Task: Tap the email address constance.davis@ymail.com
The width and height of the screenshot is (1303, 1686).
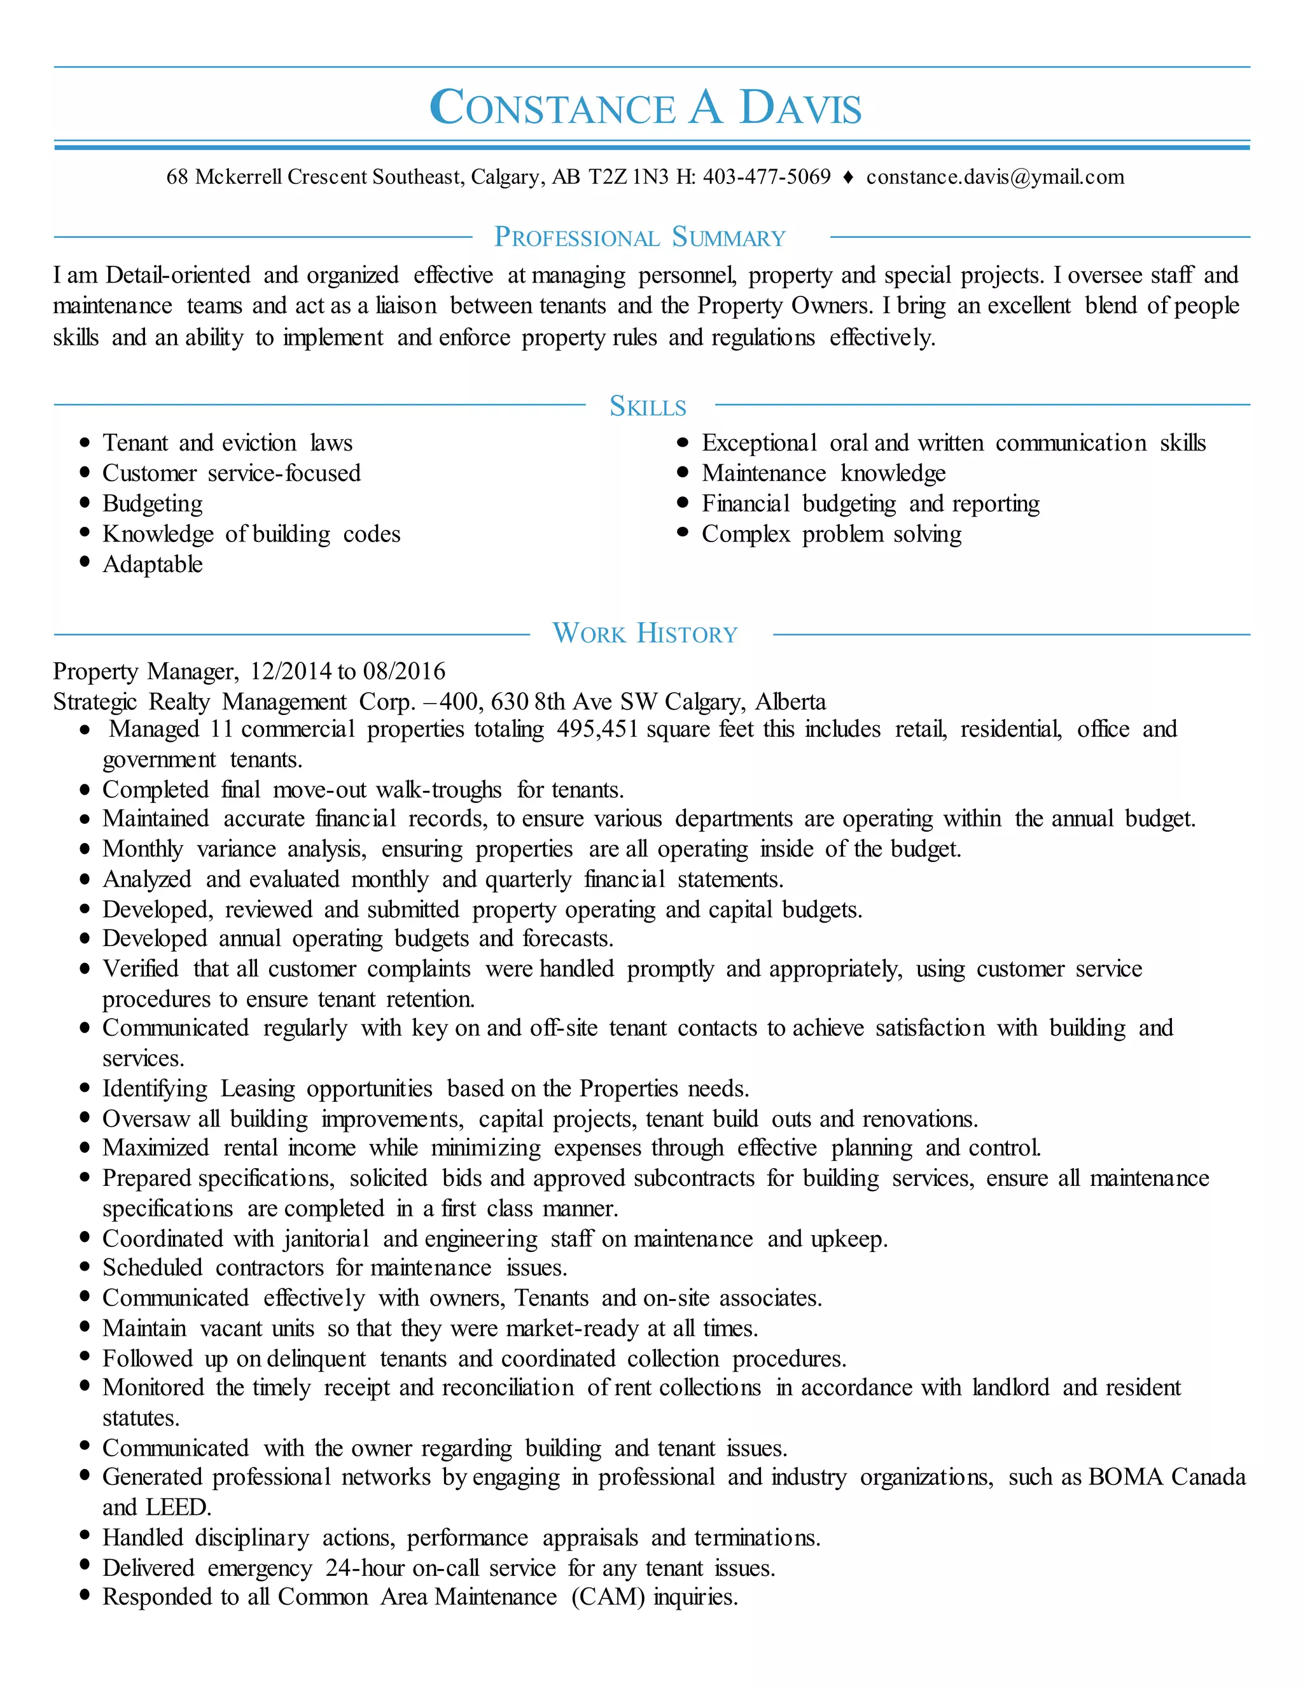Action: coord(994,177)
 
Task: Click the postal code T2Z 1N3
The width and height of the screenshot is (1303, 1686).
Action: coord(629,177)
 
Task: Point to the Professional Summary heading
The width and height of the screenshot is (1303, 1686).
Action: coord(640,237)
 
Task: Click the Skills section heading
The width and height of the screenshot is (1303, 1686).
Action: coord(648,406)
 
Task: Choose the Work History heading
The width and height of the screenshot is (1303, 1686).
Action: coord(645,634)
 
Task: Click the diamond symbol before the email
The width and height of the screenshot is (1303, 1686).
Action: coord(847,178)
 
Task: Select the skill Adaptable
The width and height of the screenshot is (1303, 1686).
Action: coord(152,564)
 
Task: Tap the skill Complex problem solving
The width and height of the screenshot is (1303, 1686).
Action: coord(832,534)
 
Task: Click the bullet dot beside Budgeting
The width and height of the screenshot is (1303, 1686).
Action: coord(85,503)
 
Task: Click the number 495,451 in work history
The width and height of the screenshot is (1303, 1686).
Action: coord(597,728)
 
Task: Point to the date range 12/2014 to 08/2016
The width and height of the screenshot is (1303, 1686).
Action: coord(347,671)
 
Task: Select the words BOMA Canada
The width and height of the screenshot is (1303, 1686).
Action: coord(1166,1477)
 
